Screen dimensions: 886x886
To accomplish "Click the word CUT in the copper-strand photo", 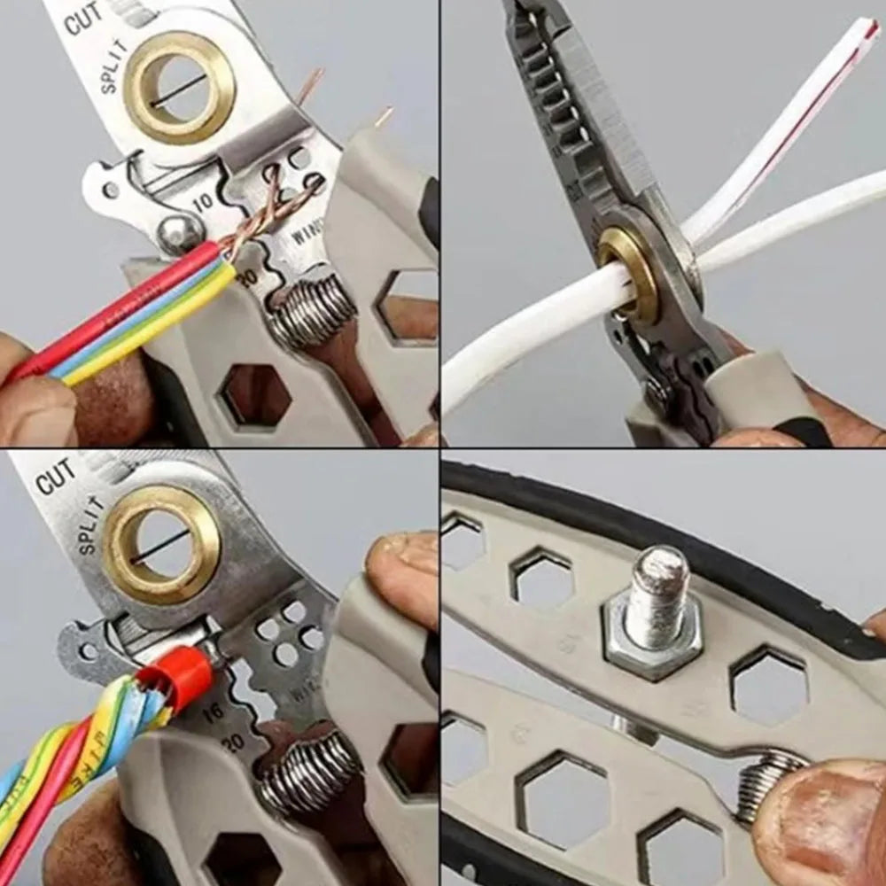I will [82, 19].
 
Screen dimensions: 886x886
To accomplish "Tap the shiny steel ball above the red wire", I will [178, 234].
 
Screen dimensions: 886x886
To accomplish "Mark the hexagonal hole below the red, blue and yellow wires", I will [254, 395].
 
